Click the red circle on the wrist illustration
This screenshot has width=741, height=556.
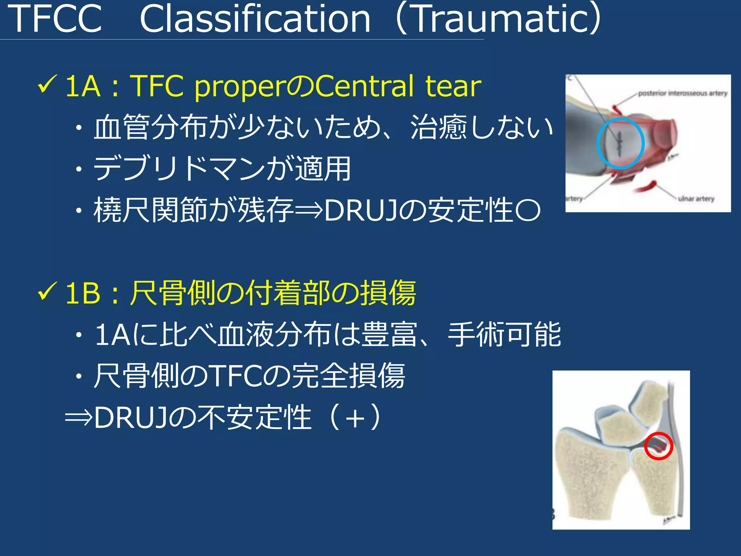(x=658, y=446)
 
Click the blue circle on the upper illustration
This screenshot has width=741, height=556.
(x=620, y=143)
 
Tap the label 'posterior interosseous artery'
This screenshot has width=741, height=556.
(x=682, y=93)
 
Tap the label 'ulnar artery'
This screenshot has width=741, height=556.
(x=696, y=199)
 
